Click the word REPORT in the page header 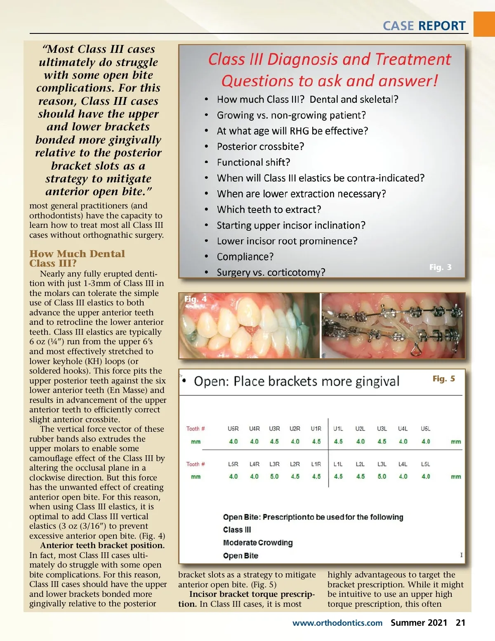coord(442,26)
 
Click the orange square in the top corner coord(484,24)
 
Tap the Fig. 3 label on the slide coord(440,267)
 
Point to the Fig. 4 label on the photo coord(196,299)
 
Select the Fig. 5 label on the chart coord(443,378)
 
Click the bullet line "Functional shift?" coord(253,162)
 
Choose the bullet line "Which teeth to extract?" coord(269,210)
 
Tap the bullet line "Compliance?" coord(245,257)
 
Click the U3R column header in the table coord(274,428)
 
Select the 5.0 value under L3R coord(274,476)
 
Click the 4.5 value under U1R coord(316,441)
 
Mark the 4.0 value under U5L coord(426,441)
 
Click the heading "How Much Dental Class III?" coord(77,258)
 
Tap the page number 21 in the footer coord(460,622)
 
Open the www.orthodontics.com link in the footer coord(337,623)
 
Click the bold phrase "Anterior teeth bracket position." coord(102,545)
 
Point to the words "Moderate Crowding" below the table coord(258,543)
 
